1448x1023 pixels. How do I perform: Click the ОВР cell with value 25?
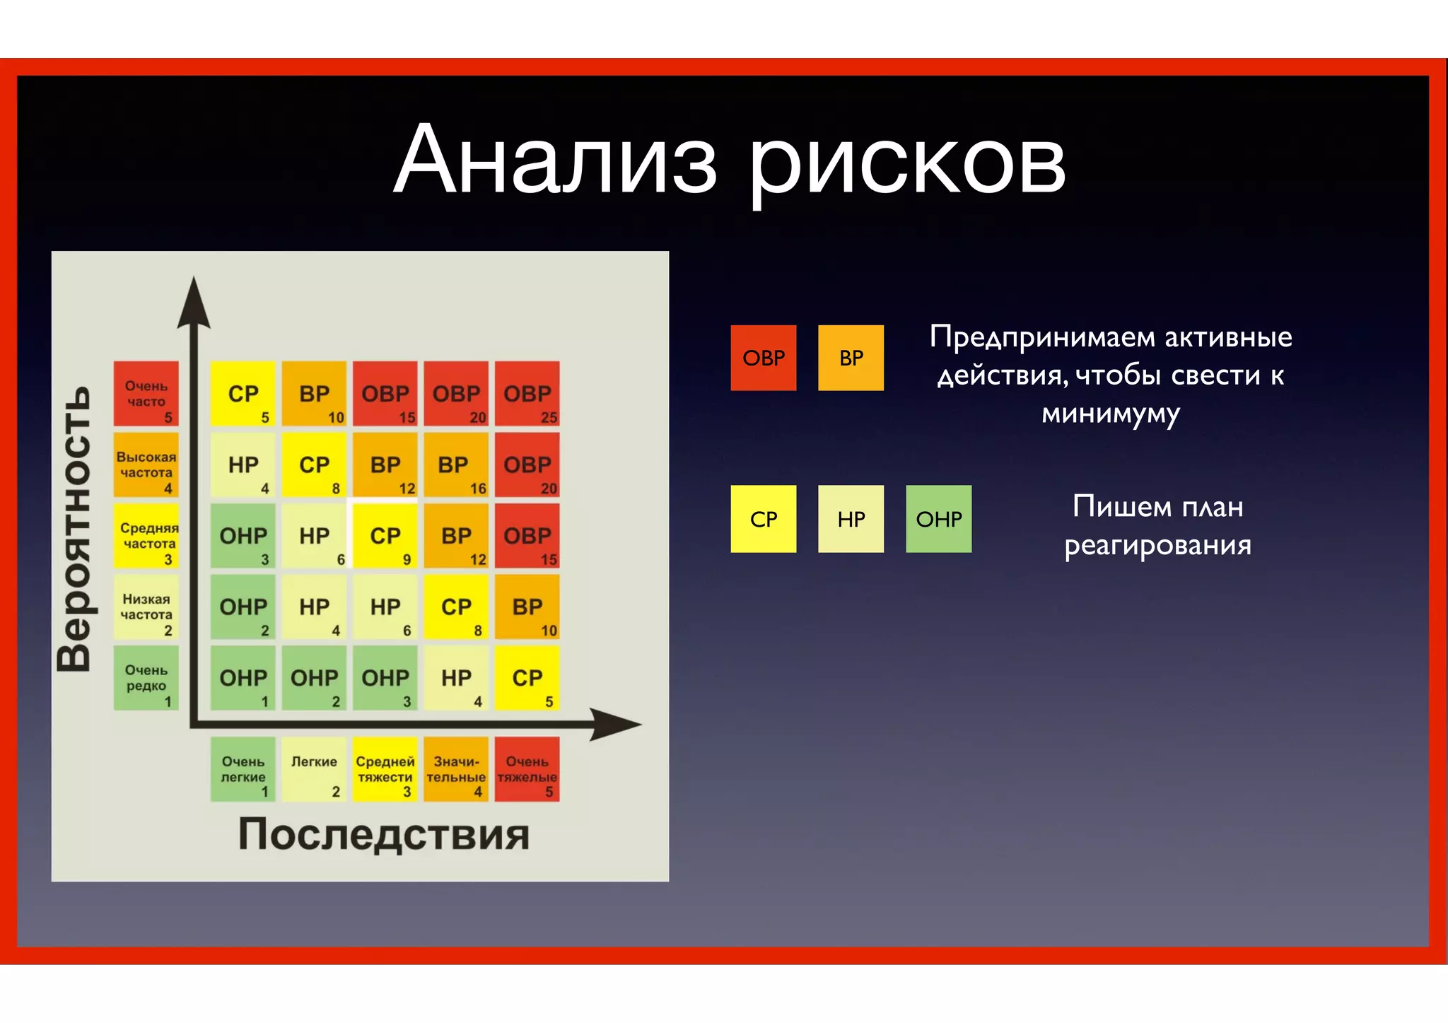click(527, 394)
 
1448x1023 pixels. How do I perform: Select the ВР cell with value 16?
click(456, 464)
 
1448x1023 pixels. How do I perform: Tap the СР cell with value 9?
click(385, 535)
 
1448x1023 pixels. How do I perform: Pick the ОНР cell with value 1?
click(243, 677)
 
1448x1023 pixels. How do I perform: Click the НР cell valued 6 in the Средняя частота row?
click(314, 535)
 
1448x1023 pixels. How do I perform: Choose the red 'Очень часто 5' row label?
click(146, 394)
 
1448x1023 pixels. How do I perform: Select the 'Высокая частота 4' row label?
click(146, 464)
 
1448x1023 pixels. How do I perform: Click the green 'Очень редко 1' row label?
click(146, 677)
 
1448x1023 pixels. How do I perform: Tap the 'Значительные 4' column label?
click(456, 769)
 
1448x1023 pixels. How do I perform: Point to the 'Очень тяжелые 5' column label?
click(527, 769)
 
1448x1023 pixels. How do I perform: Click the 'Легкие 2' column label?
click(314, 769)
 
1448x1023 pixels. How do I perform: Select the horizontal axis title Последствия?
click(383, 834)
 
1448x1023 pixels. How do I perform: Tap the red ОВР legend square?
click(763, 358)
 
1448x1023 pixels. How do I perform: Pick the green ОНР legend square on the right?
click(938, 519)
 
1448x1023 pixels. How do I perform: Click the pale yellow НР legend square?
click(851, 519)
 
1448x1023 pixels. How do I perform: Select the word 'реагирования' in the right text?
click(1157, 546)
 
